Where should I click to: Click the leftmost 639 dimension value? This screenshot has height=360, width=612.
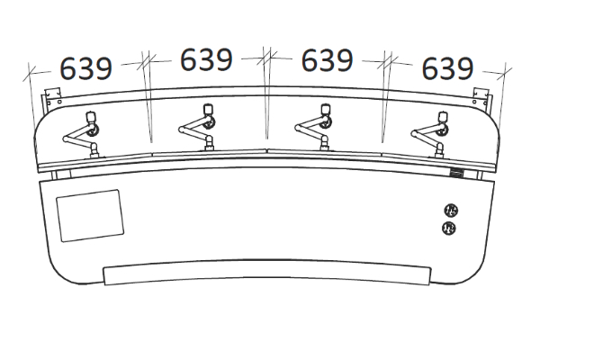[85, 68]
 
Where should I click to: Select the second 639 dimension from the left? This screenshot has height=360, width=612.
[206, 59]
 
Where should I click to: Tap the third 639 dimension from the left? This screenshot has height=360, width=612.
[327, 60]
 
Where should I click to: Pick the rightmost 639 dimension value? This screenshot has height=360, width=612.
[447, 68]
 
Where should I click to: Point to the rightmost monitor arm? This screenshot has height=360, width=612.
[430, 135]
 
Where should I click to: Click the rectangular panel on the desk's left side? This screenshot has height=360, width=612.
[90, 215]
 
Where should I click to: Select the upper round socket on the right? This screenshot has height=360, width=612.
[451, 211]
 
